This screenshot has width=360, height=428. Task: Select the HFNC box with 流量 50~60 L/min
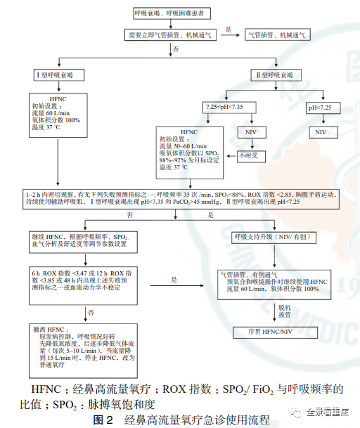pyautogui.click(x=209, y=149)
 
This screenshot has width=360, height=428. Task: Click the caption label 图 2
pyautogui.click(x=100, y=418)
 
